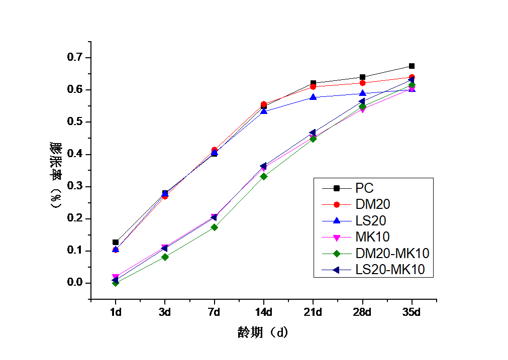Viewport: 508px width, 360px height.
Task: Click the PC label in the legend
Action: pyautogui.click(x=364, y=188)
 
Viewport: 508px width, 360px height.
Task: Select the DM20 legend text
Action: pyautogui.click(x=372, y=204)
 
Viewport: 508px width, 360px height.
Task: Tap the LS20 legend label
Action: pyautogui.click(x=371, y=220)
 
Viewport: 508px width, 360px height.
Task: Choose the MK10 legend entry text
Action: pyautogui.click(x=372, y=237)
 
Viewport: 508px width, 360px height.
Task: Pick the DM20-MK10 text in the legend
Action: pyautogui.click(x=392, y=253)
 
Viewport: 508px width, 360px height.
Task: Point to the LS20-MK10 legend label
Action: pyautogui.click(x=390, y=270)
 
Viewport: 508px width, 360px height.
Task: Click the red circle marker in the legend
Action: pyautogui.click(x=337, y=204)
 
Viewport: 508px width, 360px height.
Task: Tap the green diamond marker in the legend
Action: pyautogui.click(x=337, y=253)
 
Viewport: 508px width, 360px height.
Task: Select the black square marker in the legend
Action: pyautogui.click(x=337, y=188)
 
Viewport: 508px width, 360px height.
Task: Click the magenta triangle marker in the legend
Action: pyautogui.click(x=337, y=237)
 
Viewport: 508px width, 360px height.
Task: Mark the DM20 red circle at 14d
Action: pyautogui.click(x=264, y=104)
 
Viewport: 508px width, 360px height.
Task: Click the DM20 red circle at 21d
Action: pyautogui.click(x=313, y=87)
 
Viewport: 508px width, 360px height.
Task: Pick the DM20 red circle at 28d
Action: pyautogui.click(x=362, y=83)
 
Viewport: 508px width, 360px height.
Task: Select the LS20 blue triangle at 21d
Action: pyautogui.click(x=313, y=97)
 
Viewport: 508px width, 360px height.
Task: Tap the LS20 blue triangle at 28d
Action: pyautogui.click(x=362, y=93)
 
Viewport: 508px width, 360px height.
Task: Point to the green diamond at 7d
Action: pyautogui.click(x=215, y=227)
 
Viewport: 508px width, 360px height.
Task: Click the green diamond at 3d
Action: pyautogui.click(x=165, y=257)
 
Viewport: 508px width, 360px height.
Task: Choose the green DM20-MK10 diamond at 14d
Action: pyautogui.click(x=264, y=176)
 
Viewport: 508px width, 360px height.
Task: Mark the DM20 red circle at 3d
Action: pyautogui.click(x=165, y=196)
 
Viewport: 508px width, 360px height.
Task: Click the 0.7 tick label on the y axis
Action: pyautogui.click(x=74, y=57)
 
